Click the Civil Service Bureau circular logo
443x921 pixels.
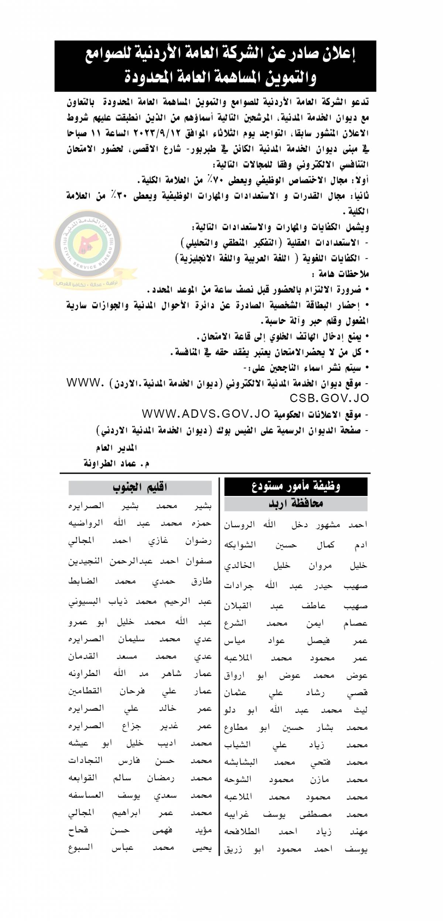(x=88, y=244)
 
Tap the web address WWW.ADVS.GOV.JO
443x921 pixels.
(x=206, y=414)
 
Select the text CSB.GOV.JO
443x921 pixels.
(x=329, y=398)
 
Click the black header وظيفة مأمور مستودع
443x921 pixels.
(x=296, y=486)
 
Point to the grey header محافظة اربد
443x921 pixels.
(x=296, y=503)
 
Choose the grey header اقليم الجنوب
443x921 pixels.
(x=140, y=487)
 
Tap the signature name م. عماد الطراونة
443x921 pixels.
(x=117, y=463)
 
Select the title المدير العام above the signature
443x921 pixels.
(x=117, y=448)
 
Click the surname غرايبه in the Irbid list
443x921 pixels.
(x=237, y=814)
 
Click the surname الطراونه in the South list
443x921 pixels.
(x=84, y=673)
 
